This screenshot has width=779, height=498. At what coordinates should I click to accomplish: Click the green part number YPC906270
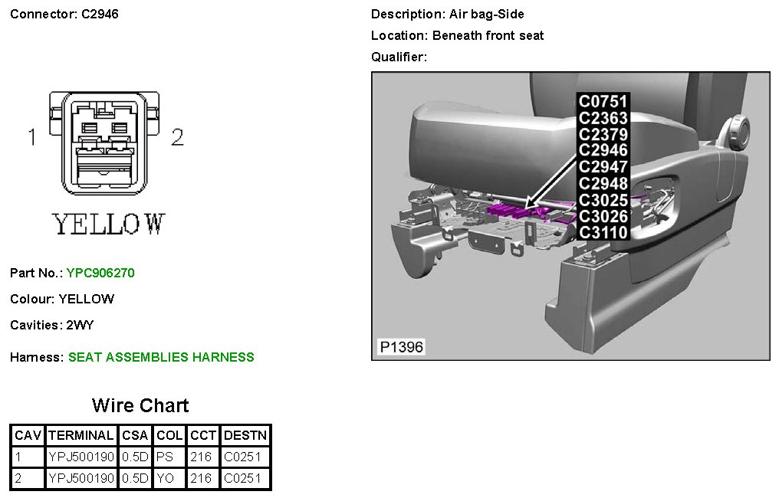100,273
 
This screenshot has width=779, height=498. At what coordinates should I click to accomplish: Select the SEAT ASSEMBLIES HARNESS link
161,357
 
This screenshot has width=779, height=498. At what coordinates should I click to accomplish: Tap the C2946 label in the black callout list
603,150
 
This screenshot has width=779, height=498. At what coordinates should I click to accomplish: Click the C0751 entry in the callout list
603,101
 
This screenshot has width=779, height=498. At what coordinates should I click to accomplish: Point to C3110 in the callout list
603,233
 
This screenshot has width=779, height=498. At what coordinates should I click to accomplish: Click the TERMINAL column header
81,435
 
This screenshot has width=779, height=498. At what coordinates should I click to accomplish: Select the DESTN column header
245,435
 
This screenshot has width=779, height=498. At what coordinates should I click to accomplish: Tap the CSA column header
136,435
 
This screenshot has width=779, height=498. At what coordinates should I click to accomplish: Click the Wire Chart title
140,405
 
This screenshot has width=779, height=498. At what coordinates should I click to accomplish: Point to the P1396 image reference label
401,348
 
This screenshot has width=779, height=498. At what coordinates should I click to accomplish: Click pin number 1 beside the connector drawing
32,137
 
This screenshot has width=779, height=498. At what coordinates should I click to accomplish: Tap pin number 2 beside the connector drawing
177,137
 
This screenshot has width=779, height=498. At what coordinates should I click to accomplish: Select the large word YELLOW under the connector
108,224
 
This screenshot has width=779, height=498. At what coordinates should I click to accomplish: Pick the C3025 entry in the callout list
603,200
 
